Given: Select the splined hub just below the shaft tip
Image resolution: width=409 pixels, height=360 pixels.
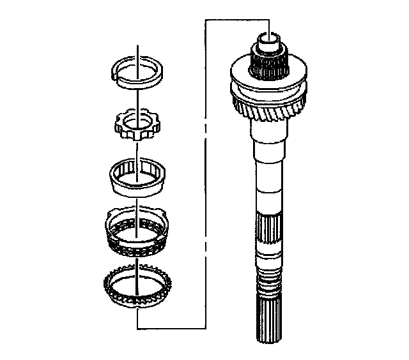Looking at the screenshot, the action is [x=268, y=64].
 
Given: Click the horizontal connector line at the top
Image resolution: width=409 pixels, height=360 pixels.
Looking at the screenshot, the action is [x=236, y=20].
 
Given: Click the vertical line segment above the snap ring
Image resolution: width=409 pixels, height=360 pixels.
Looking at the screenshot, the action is [x=138, y=51].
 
